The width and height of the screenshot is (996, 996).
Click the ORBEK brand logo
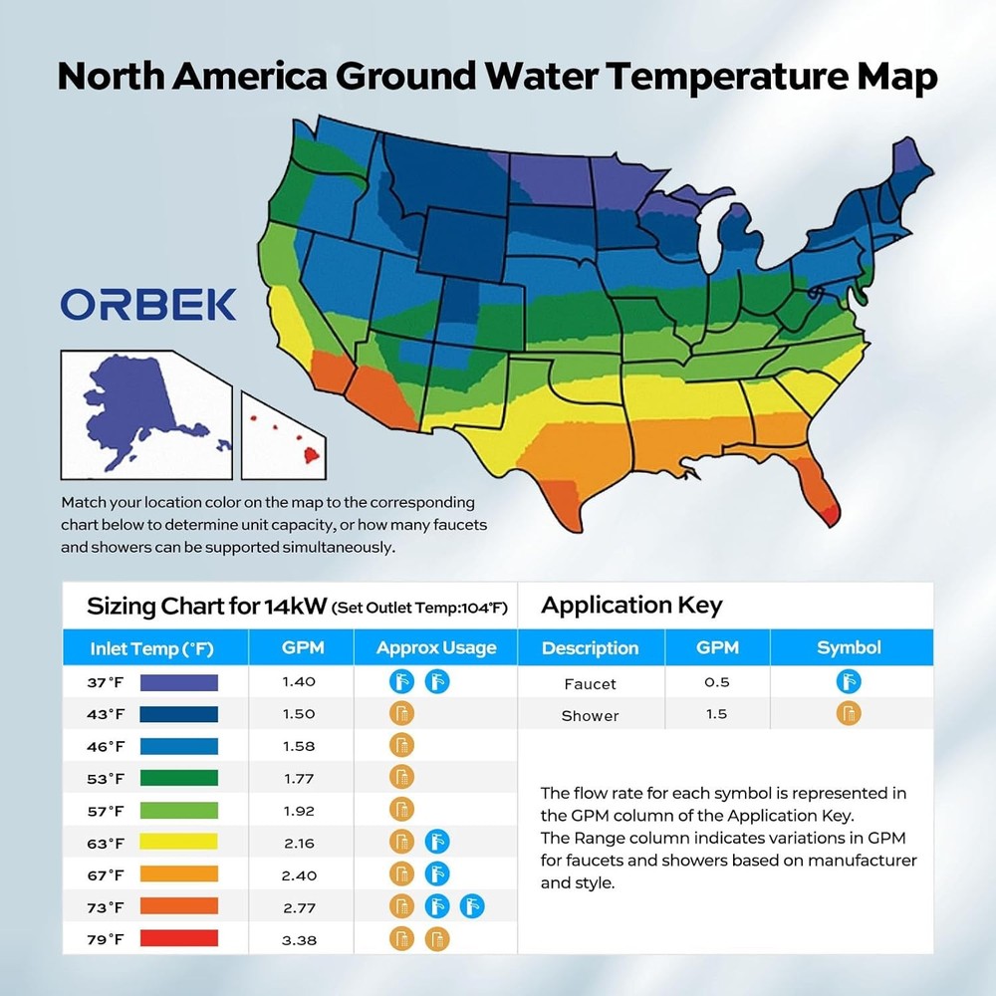pos(148,304)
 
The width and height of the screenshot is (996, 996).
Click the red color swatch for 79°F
pos(179,938)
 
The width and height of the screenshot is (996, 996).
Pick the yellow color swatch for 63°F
pos(179,843)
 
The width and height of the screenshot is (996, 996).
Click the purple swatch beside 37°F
pos(179,682)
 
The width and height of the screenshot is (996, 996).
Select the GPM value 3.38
pos(299,938)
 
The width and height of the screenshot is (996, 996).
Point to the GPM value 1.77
pos(299,778)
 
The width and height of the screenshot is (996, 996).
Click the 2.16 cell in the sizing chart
pos(299,843)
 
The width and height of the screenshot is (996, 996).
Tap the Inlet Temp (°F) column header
pos(152,648)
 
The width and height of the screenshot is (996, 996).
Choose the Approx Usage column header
pos(436,648)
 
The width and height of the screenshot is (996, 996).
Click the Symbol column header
pos(849,648)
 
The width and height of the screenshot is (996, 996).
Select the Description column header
pos(590,648)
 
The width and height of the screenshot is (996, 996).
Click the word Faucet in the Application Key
pos(590,683)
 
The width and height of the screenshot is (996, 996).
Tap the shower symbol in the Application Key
pos(849,714)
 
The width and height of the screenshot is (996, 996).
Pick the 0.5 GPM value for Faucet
pos(717,682)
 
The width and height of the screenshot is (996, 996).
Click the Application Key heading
pos(631,606)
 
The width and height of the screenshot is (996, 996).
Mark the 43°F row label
pos(105,714)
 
